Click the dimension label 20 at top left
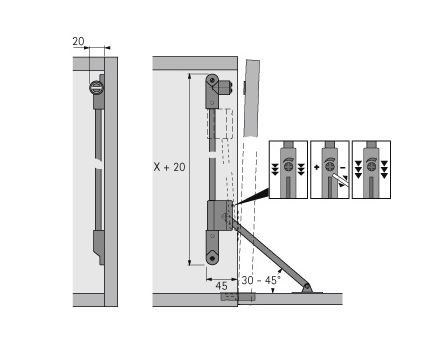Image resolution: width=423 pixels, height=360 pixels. (x=78, y=41)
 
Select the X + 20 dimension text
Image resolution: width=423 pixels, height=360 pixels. (x=169, y=167)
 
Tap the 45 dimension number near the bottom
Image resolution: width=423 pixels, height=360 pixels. (x=221, y=286)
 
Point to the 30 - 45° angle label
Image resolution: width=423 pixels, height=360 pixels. (x=261, y=280)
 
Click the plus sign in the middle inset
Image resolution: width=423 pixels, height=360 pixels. (x=317, y=167)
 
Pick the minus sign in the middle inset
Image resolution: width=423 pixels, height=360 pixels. (x=343, y=167)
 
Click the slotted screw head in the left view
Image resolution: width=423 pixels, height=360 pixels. (x=97, y=88)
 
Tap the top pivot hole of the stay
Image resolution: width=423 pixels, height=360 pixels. (x=212, y=80)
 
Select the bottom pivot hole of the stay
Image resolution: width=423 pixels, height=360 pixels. (x=212, y=258)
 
